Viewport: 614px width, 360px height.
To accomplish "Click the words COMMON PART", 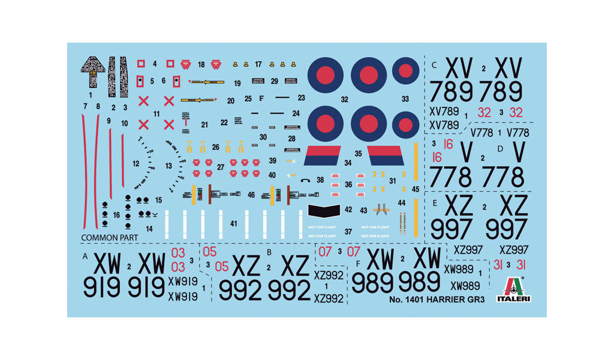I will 109,238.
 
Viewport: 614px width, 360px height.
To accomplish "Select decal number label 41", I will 234,224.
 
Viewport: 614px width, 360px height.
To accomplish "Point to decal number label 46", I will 251,195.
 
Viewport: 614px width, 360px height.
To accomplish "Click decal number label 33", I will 406,99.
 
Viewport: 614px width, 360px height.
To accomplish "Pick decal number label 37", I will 348,232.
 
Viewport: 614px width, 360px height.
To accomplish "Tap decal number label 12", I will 136,163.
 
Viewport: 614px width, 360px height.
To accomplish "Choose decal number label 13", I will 168,166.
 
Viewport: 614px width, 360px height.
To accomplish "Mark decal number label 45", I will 416,188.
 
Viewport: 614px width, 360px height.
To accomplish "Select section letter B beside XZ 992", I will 270,253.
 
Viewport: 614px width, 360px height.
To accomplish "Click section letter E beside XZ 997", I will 435,203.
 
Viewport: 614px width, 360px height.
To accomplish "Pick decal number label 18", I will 201,65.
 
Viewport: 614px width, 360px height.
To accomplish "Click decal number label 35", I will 359,154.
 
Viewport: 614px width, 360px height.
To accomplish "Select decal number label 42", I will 348,209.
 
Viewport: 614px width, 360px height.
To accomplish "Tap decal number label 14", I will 149,229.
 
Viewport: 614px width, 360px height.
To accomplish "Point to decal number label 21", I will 204,125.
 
